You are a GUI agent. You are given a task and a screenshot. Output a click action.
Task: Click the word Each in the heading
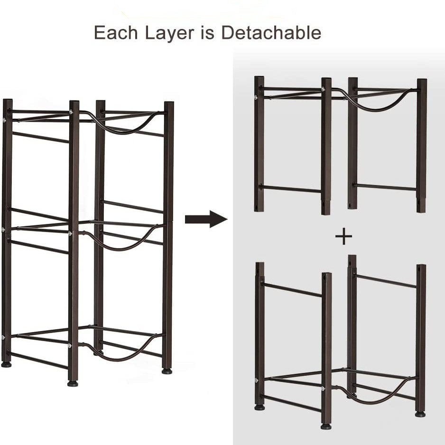pyautogui.click(x=116, y=33)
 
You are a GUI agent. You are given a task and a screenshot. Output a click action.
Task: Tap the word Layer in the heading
pyautogui.click(x=169, y=33)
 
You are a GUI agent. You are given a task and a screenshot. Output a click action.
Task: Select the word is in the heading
pyautogui.click(x=208, y=33)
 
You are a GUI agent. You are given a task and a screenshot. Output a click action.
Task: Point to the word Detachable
pyautogui.click(x=271, y=33)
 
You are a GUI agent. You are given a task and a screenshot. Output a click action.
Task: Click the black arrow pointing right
pyautogui.click(x=206, y=219)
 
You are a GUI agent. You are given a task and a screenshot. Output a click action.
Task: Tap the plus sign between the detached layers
pyautogui.click(x=343, y=236)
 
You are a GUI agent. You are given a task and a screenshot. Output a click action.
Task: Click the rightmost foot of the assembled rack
pyautogui.click(x=167, y=371)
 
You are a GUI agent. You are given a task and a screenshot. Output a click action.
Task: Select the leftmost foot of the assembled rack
pyautogui.click(x=6, y=364)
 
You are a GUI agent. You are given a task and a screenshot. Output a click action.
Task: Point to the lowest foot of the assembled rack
pyautogui.click(x=73, y=384)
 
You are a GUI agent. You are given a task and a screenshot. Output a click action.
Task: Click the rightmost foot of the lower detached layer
pyautogui.click(x=420, y=414)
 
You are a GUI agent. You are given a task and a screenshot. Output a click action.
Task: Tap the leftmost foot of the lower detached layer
pyautogui.click(x=260, y=408)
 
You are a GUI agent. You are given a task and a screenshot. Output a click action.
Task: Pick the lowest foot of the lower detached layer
pyautogui.click(x=326, y=426)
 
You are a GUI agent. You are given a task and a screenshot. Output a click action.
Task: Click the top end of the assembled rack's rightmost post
pyautogui.click(x=169, y=102)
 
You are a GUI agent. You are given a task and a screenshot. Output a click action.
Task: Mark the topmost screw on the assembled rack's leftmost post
pyautogui.click(x=4, y=120)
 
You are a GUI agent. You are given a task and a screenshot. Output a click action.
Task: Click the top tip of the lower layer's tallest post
pyautogui.click(x=352, y=255)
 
